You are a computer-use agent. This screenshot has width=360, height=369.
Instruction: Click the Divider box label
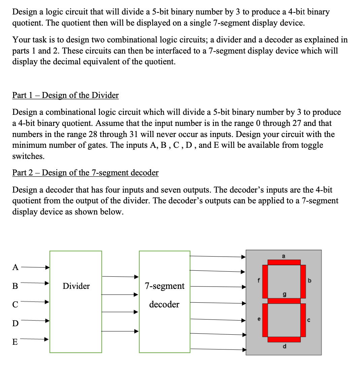click(76, 286)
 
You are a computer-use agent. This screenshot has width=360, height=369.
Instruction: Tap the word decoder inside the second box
click(164, 304)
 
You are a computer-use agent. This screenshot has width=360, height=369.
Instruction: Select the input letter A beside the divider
click(15, 268)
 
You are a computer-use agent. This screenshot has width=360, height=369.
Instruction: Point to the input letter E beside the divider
click(15, 342)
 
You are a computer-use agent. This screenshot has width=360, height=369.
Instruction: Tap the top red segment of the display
click(284, 262)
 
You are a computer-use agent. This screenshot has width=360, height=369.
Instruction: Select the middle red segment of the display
click(284, 301)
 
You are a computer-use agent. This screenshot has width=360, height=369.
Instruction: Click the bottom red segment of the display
click(284, 339)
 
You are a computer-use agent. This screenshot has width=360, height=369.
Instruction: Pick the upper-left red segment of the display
click(265, 281)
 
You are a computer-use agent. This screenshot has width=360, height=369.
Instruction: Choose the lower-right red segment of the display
click(303, 320)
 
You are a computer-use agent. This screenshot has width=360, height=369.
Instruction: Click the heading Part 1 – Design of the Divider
click(65, 95)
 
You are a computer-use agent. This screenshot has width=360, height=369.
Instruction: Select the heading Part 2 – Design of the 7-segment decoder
click(85, 173)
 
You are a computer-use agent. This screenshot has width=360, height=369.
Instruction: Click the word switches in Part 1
click(28, 156)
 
